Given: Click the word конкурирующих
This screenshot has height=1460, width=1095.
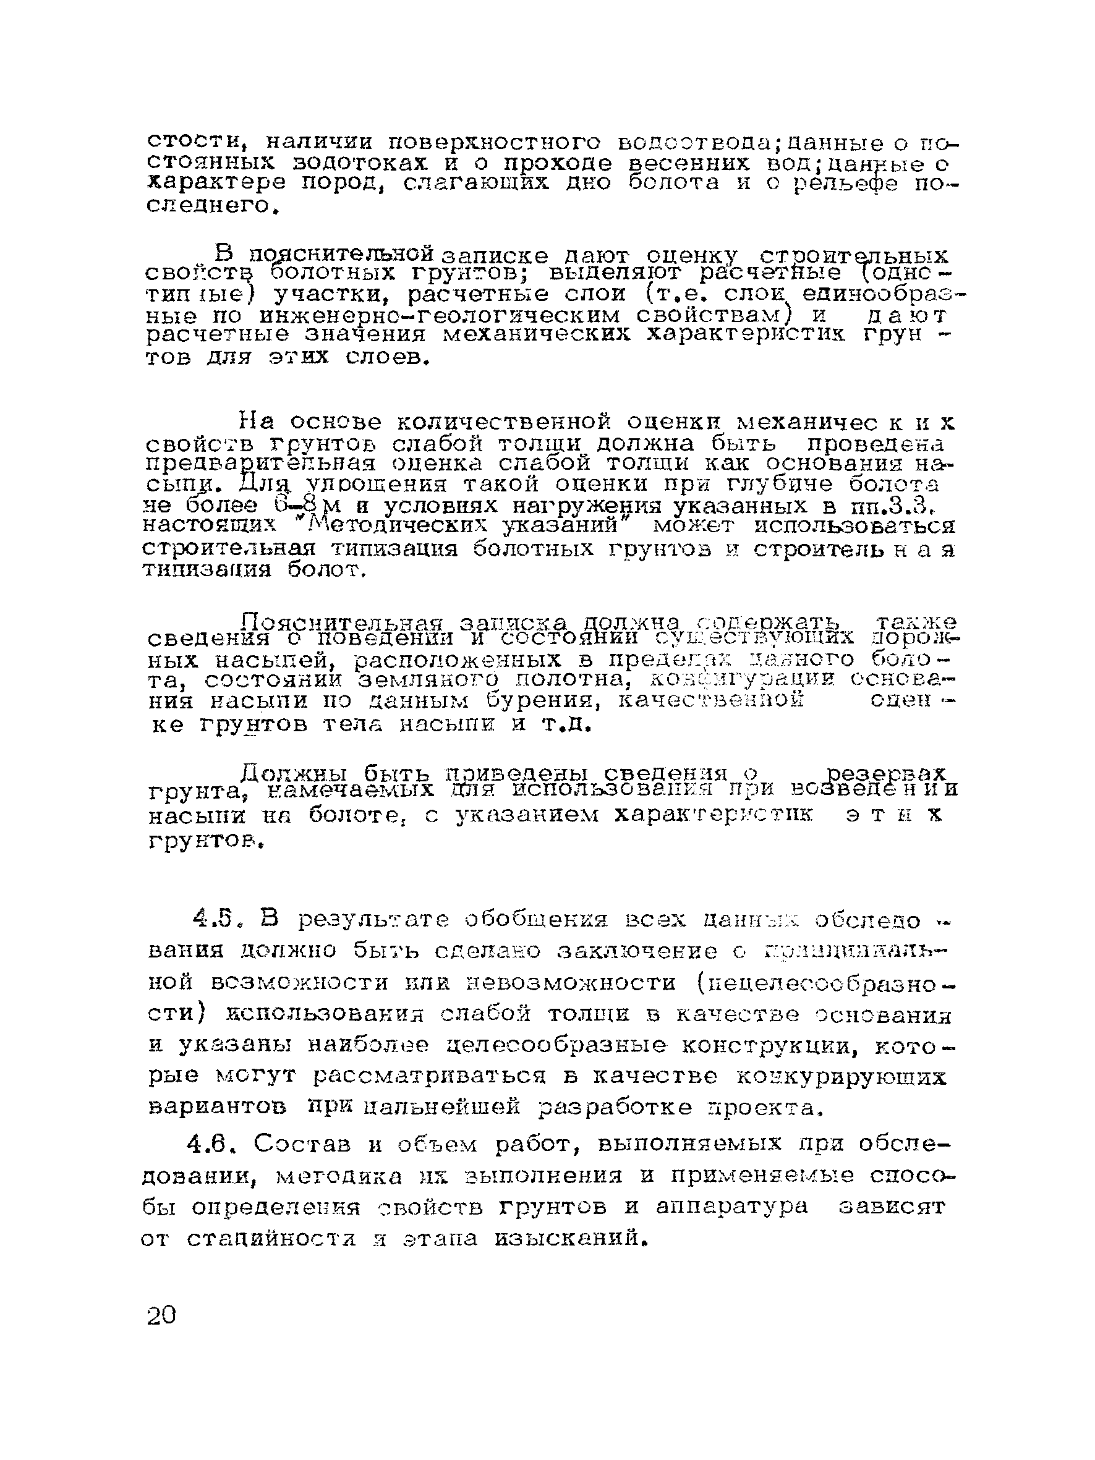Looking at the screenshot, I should point(840,1077).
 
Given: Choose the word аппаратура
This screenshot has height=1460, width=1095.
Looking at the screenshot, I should point(732,1206).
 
